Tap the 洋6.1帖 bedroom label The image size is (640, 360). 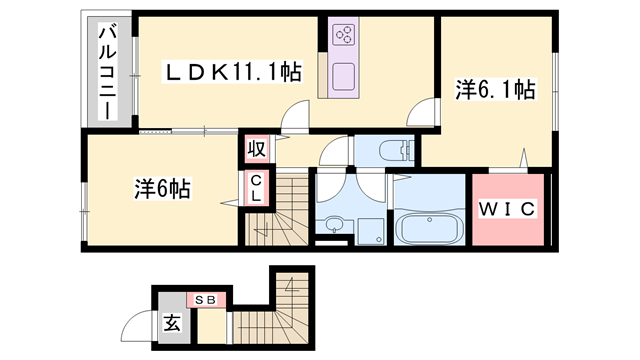(495, 89)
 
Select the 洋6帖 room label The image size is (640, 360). (163, 187)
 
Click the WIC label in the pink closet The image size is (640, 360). (509, 209)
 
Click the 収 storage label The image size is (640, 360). (256, 150)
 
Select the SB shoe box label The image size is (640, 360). (211, 299)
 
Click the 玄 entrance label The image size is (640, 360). (171, 323)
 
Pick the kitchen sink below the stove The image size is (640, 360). (344, 76)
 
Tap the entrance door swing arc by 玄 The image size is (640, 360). (136, 326)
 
